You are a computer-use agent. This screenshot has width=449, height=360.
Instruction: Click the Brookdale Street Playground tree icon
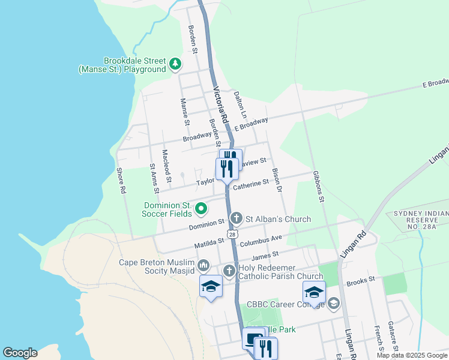click(175, 64)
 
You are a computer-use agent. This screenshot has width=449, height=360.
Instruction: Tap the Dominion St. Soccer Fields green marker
click(201, 209)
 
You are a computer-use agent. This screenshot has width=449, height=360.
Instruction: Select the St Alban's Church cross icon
click(237, 218)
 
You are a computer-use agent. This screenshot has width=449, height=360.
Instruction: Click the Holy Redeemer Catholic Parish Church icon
click(229, 271)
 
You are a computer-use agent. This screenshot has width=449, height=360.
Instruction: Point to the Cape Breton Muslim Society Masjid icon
click(203, 265)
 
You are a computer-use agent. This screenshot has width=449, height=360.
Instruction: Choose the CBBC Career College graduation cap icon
click(333, 304)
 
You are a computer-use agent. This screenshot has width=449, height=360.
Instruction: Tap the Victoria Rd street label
click(221, 106)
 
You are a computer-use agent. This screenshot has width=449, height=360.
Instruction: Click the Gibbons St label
click(318, 186)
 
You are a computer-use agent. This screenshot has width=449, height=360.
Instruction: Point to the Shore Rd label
click(122, 180)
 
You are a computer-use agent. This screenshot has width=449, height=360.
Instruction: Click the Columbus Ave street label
click(261, 241)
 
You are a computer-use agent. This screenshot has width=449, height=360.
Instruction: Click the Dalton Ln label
click(240, 104)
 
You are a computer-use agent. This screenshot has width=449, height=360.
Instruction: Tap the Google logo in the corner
click(20, 353)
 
